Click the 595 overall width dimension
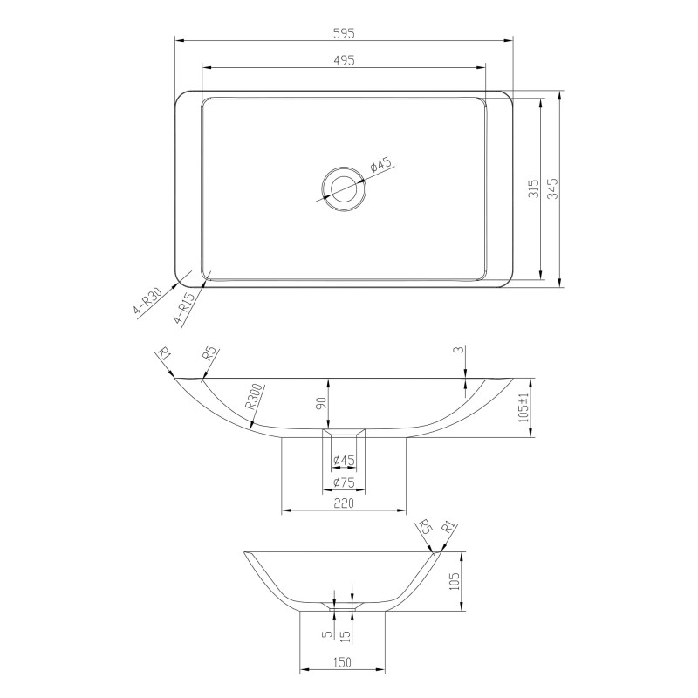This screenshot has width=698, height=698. pyautogui.click(x=344, y=32)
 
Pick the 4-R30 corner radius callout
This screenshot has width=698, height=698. pyautogui.click(x=147, y=302)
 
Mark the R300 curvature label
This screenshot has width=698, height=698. pyautogui.click(x=254, y=397)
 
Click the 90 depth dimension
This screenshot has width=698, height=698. pyautogui.click(x=320, y=403)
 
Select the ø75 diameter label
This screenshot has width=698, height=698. pyautogui.click(x=343, y=482)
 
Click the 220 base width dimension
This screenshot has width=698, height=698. pyautogui.click(x=343, y=503)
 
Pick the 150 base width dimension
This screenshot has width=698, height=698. pyautogui.click(x=342, y=663)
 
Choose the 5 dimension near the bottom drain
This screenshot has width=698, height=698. pyautogui.click(x=325, y=635)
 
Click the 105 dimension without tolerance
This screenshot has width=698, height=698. pyautogui.click(x=452, y=582)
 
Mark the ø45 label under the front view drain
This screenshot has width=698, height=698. pyautogui.click(x=342, y=461)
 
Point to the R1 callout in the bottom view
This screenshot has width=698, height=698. pyautogui.click(x=448, y=529)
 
